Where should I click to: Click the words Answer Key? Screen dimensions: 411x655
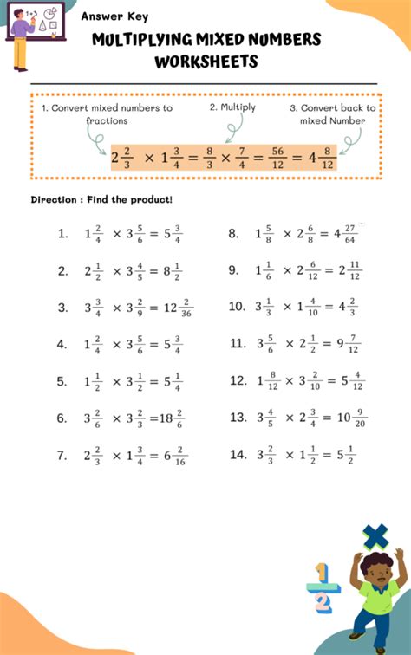pyautogui.click(x=114, y=16)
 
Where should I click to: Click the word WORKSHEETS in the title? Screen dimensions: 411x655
pyautogui.click(x=206, y=62)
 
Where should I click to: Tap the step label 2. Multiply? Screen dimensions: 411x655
pyautogui.click(x=232, y=107)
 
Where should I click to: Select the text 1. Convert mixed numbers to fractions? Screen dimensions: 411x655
pyautogui.click(x=107, y=113)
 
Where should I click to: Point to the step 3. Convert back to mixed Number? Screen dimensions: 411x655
pyautogui.click(x=332, y=113)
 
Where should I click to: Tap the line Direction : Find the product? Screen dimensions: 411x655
pyautogui.click(x=101, y=199)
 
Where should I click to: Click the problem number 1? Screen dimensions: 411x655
pyautogui.click(x=62, y=233)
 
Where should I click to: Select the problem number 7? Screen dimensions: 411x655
pyautogui.click(x=62, y=455)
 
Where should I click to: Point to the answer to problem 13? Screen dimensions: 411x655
pyautogui.click(x=352, y=418)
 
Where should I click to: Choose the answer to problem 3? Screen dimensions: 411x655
pyautogui.click(x=176, y=308)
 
